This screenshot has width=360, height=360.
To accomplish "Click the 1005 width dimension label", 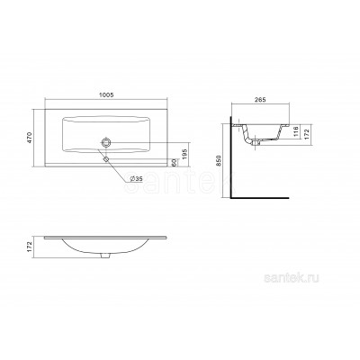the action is pos(106,95).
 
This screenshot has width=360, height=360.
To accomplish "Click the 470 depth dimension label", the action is pos(31,138).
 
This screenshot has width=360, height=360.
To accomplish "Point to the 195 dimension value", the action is pos(184,153).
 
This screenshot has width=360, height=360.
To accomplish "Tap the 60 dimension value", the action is pos(174,162).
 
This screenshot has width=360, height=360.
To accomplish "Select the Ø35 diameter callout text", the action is pos(136,179).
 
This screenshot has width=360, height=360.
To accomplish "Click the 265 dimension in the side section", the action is pos(260,100).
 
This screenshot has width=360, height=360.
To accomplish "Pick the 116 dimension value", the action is pos(295,131).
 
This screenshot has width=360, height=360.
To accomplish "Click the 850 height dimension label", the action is pos(219,161).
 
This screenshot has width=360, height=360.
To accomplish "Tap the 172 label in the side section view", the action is pos(307,131).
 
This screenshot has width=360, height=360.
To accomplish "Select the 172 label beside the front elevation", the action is pos(31,247).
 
